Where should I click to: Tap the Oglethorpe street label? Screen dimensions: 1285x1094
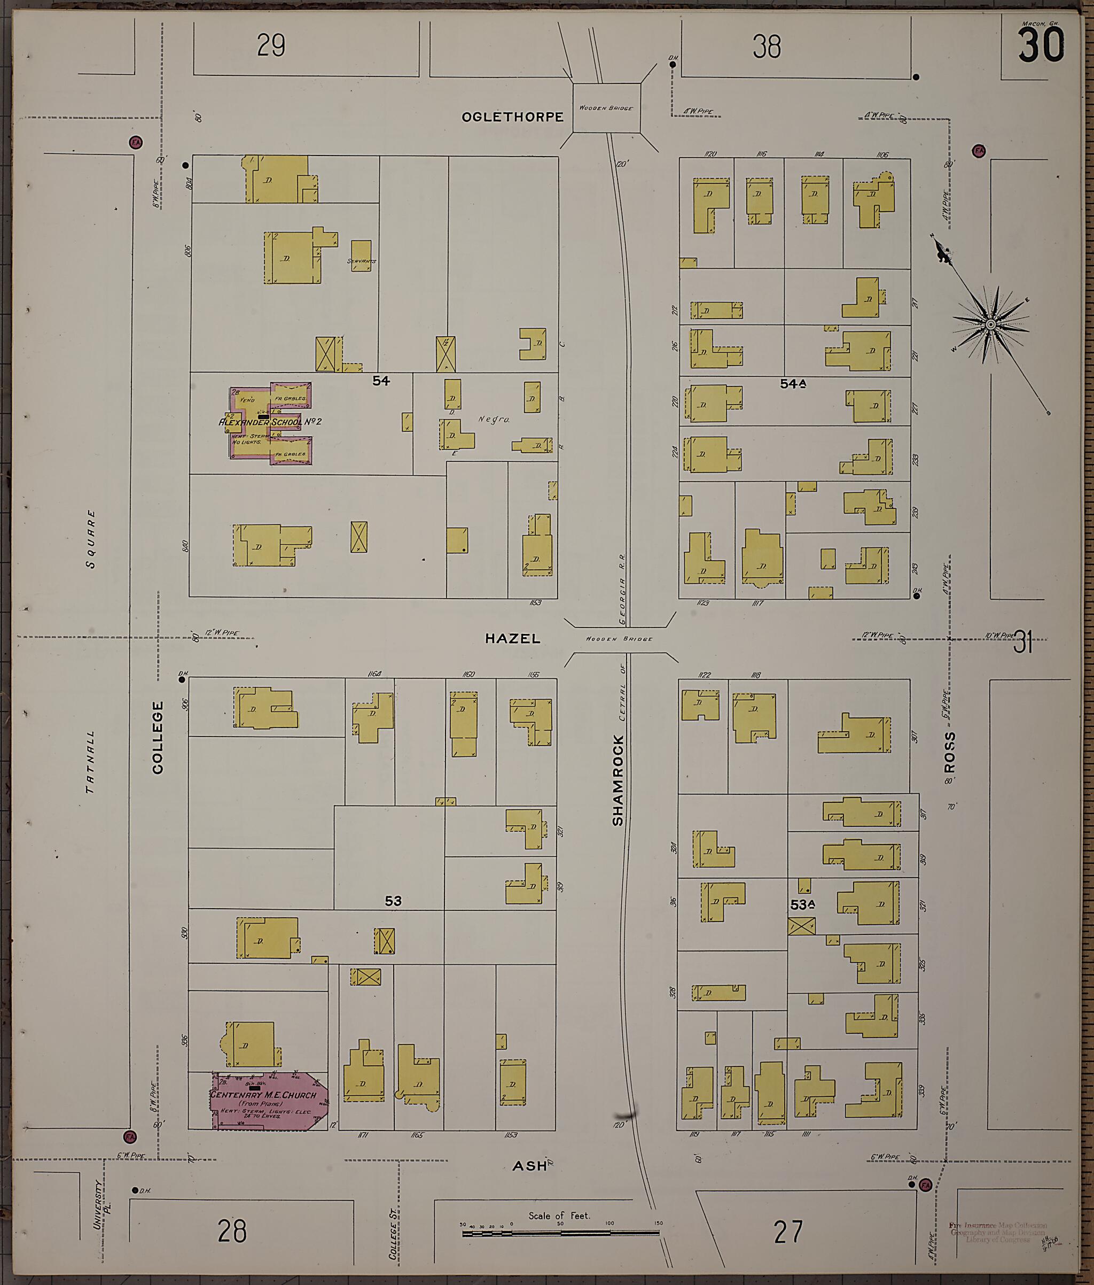pos(513,117)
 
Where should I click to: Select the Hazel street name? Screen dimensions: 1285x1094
pos(513,638)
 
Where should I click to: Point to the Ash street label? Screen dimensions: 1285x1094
pos(529,1166)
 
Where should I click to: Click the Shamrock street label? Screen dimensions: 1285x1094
pos(618,780)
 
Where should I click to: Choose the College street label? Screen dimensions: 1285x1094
pos(158,738)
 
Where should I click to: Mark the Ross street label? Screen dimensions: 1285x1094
pos(950,752)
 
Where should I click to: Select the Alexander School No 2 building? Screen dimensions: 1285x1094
pos(270,422)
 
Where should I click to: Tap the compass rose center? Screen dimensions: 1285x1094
pos(990,324)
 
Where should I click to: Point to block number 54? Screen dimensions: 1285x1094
pos(380,381)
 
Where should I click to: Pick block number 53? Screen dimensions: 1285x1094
pos(393,901)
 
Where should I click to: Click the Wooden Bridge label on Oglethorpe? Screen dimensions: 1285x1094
pos(606,108)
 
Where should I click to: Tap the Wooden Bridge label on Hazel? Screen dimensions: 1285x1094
pos(619,639)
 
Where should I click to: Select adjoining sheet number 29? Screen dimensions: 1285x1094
pos(271,45)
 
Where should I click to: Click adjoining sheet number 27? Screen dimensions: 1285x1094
pos(788,1232)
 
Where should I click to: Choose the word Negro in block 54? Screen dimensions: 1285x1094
pos(494,419)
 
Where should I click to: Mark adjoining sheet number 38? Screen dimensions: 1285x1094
pos(767,47)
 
